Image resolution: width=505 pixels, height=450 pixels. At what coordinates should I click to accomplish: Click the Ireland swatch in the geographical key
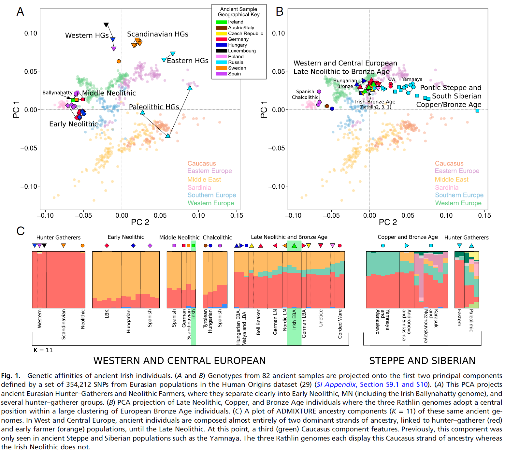pos(222,22)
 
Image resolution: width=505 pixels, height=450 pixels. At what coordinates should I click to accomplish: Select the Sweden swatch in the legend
pos(222,68)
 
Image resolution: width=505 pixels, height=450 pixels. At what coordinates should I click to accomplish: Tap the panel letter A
pos(20,12)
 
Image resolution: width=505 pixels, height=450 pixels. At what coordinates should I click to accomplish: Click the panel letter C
pos(21,231)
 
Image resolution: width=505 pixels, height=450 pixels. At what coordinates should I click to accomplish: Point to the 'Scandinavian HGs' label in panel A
pos(158,34)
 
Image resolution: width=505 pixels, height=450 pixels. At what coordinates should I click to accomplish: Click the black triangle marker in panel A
pos(106,25)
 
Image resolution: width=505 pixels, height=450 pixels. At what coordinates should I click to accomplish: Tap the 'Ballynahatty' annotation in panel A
pos(57,93)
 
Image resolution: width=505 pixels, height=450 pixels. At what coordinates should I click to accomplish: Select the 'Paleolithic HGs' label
pos(154,107)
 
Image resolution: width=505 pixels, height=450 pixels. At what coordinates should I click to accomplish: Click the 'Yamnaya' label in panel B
pos(412,79)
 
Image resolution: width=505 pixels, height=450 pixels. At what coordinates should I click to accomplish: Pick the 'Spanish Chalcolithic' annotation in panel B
pos(305,94)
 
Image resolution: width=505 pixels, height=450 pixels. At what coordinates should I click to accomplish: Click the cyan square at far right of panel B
pos(477,111)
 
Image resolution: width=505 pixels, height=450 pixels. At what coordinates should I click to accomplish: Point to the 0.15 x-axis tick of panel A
pos(237,215)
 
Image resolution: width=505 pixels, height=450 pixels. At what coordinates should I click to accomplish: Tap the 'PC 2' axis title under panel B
pos(388,222)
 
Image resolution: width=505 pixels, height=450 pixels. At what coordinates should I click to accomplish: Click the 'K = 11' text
pos(43,350)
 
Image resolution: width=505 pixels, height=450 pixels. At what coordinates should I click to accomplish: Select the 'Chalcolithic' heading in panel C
pos(217,238)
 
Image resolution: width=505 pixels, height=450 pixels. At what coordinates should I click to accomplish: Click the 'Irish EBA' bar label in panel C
pos(294,319)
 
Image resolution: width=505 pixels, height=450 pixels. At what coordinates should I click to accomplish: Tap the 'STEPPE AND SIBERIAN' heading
pos(422,361)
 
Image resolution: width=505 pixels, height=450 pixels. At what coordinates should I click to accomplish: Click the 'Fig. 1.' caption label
pos(11,376)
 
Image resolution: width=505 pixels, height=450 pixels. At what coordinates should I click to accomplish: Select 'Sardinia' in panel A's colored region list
pos(199,188)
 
